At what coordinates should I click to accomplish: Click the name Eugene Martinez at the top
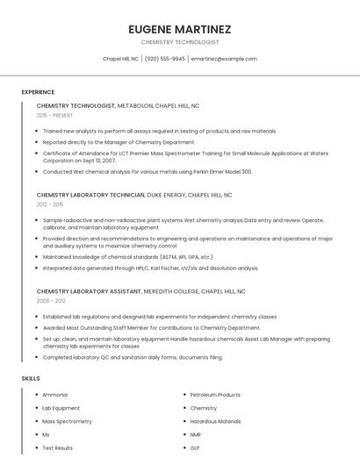[180, 29]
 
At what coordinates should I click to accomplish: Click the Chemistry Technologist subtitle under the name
[180, 42]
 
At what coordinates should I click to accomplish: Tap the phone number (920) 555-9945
[165, 59]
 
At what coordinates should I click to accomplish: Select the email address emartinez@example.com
[224, 59]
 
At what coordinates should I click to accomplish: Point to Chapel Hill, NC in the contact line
[121, 59]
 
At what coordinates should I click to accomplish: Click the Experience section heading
[38, 92]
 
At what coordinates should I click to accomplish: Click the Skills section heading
[31, 378]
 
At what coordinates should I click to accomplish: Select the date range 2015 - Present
[54, 115]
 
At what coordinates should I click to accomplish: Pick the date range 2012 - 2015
[50, 204]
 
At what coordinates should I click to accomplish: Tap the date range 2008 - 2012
[50, 300]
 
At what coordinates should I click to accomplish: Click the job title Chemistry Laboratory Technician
[90, 195]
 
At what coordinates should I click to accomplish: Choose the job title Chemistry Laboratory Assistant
[89, 290]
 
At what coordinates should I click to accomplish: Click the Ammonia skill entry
[54, 395]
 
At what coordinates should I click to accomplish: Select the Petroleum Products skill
[215, 395]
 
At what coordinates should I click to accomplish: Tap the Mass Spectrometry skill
[67, 421]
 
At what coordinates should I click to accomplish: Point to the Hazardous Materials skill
[215, 421]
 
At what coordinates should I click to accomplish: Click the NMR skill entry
[195, 434]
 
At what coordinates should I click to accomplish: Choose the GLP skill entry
[194, 447]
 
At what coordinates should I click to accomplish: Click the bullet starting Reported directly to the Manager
[119, 141]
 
